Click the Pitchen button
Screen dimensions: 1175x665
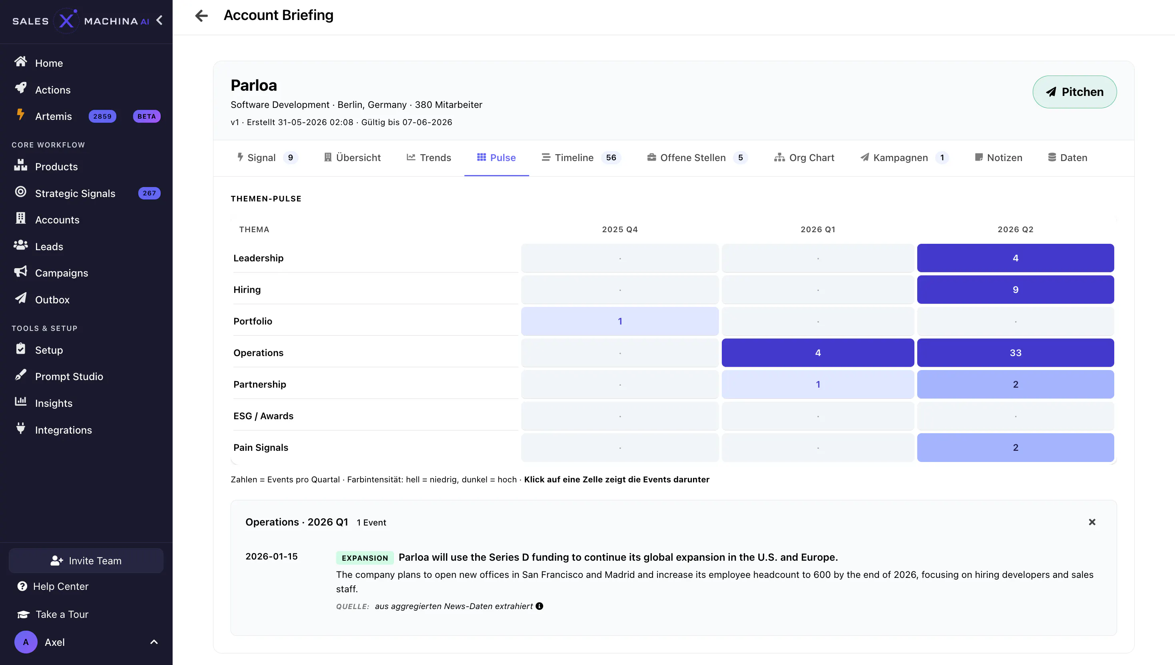click(x=1075, y=92)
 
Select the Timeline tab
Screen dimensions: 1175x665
click(x=581, y=157)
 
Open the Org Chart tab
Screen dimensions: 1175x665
click(x=804, y=157)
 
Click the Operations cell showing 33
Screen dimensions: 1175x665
click(x=1015, y=352)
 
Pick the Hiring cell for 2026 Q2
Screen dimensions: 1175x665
click(x=1015, y=290)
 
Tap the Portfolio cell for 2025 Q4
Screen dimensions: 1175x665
click(x=620, y=321)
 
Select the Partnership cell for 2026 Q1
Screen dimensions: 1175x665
click(x=817, y=384)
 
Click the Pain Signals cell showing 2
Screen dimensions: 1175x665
click(x=1015, y=447)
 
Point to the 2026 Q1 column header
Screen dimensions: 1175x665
click(x=817, y=229)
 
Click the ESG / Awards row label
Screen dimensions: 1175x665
click(x=263, y=416)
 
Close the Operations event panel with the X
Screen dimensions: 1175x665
click(x=1091, y=522)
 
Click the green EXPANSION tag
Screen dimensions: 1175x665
click(x=364, y=557)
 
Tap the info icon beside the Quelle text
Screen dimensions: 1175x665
click(x=539, y=606)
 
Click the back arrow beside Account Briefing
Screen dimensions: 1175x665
click(x=201, y=16)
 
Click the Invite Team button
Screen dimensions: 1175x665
click(x=86, y=560)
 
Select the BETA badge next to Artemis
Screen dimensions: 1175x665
click(x=147, y=116)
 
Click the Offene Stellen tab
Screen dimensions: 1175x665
click(x=697, y=157)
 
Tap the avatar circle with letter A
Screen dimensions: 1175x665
click(x=26, y=642)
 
